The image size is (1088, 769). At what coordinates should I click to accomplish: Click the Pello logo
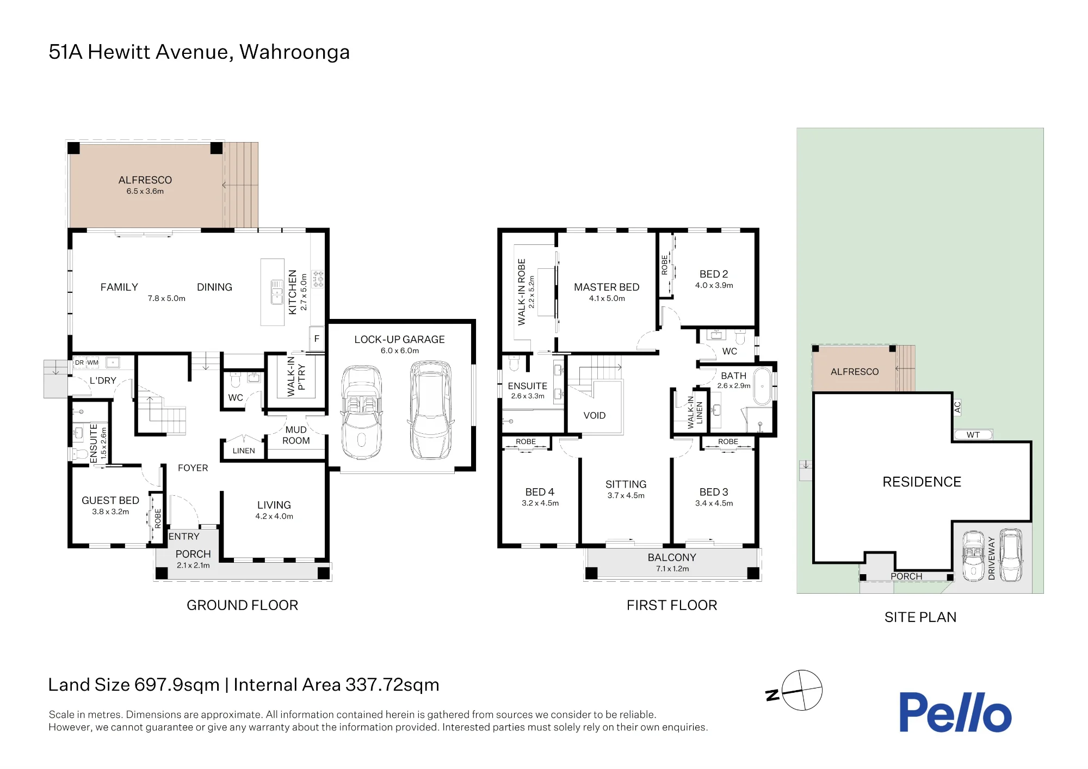(955, 712)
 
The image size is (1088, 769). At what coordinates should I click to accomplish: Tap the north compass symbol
(795, 691)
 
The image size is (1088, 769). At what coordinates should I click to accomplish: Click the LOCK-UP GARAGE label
(399, 340)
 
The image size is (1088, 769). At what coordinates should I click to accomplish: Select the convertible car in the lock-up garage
(361, 413)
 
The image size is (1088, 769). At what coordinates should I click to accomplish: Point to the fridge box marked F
(317, 339)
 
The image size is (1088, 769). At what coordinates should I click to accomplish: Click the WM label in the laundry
(93, 362)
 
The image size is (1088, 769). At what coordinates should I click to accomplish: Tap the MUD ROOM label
(296, 435)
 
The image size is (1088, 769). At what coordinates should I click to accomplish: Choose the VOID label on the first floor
(594, 416)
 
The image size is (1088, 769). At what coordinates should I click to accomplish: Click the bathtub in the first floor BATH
(763, 386)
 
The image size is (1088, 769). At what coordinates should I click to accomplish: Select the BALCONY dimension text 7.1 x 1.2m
(672, 569)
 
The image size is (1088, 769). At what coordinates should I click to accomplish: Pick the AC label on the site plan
(957, 407)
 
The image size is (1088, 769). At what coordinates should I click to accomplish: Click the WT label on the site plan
(973, 435)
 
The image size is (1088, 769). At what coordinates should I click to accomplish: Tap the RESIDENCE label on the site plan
(922, 482)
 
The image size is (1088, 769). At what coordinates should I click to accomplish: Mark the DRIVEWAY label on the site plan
(991, 558)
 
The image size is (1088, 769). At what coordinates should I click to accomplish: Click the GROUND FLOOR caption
(242, 605)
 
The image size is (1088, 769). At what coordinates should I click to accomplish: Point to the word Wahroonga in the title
(294, 52)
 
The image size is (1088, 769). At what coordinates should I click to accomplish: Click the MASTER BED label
(607, 287)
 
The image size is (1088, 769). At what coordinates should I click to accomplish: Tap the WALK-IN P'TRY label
(296, 376)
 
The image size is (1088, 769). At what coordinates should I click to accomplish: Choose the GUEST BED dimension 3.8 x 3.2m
(110, 512)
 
